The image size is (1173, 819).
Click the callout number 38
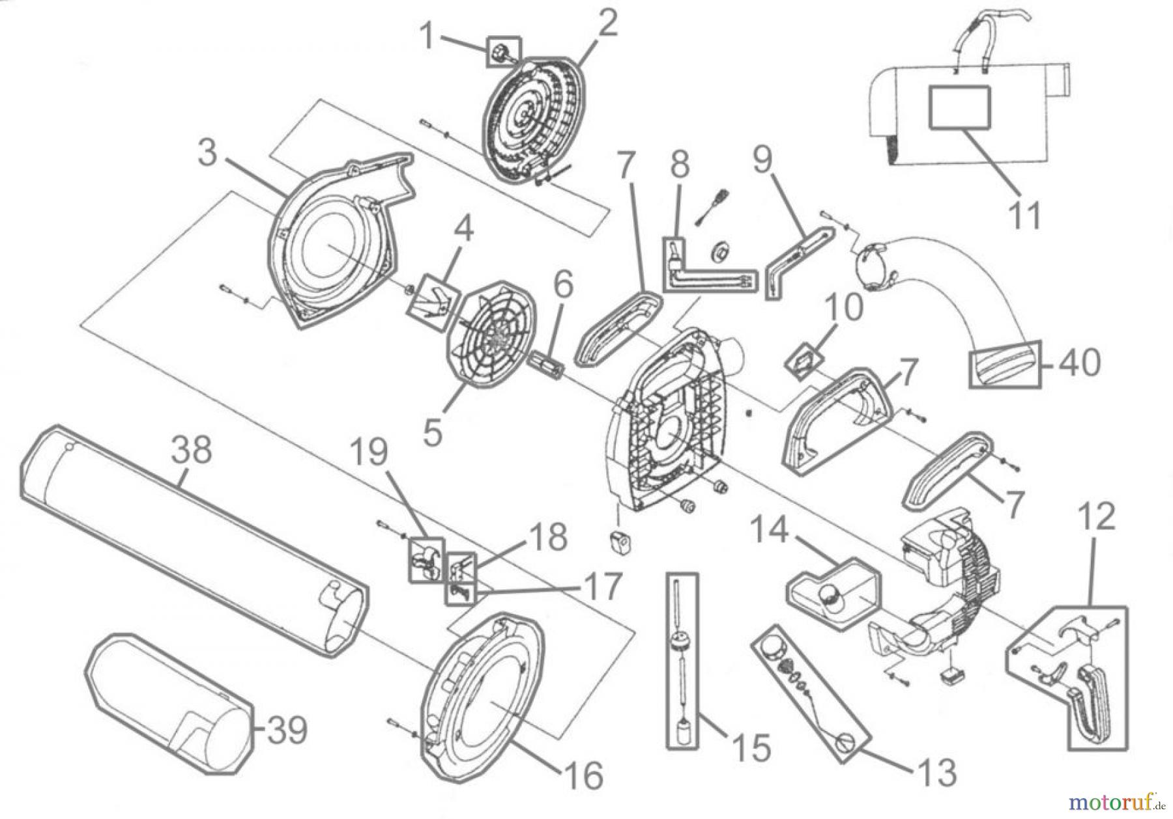click(x=192, y=449)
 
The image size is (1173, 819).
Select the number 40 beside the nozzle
click(x=1079, y=363)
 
